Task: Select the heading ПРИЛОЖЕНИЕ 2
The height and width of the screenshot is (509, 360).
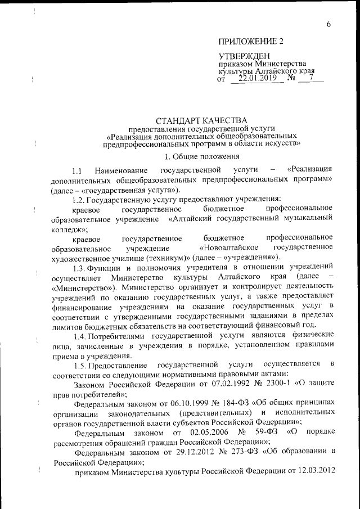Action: pyautogui.click(x=251, y=42)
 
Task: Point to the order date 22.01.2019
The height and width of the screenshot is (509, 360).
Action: pyautogui.click(x=258, y=78)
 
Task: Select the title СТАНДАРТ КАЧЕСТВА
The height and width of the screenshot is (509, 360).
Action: pyautogui.click(x=201, y=120)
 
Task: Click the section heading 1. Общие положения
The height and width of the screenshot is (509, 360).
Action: pyautogui.click(x=202, y=156)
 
